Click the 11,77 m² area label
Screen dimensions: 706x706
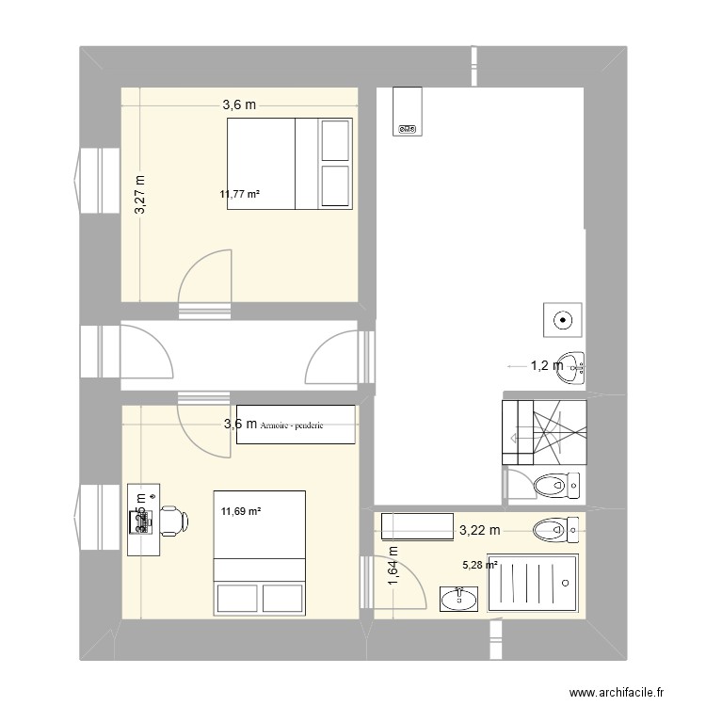pyautogui.click(x=239, y=195)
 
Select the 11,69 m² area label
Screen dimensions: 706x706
pyautogui.click(x=240, y=512)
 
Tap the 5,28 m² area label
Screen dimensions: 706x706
pyautogui.click(x=478, y=566)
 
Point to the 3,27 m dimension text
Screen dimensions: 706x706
pyautogui.click(x=139, y=195)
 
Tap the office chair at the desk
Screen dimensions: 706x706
pyautogui.click(x=170, y=521)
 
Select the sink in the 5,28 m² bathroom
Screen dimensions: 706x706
pyautogui.click(x=458, y=597)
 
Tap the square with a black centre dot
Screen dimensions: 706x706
pyautogui.click(x=562, y=320)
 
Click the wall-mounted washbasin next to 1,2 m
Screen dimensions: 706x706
pyautogui.click(x=570, y=368)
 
